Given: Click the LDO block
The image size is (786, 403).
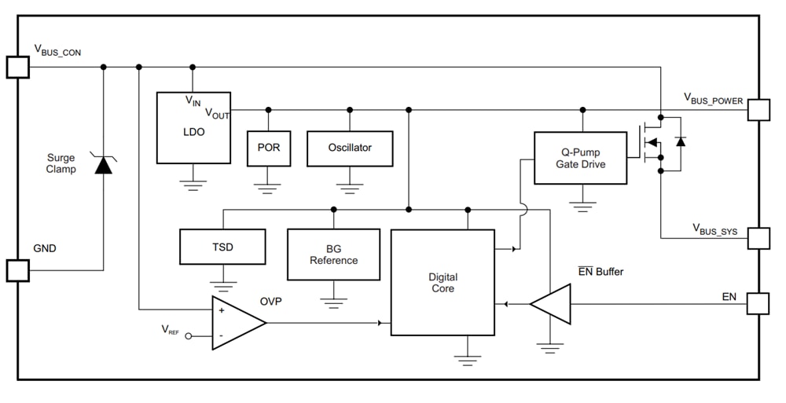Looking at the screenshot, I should (193, 128).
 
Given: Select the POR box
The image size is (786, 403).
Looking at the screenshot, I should (268, 148).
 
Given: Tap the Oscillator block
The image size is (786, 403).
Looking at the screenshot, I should (350, 148).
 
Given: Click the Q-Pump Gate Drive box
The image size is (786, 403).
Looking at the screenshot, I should (580, 158).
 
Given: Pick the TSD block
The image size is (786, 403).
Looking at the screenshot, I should (222, 247).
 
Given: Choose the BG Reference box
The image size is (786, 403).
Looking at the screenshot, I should (333, 255).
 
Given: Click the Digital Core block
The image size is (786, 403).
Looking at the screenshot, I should (443, 283).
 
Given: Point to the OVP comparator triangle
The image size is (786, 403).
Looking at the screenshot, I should (237, 323).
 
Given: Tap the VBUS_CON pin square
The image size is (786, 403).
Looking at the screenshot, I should (17, 67).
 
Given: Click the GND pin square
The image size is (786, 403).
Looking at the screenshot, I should (17, 270).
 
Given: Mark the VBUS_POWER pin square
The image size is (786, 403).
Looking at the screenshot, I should (758, 110).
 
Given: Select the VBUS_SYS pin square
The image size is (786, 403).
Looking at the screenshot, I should (758, 239).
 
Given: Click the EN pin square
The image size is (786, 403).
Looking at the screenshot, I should (758, 303).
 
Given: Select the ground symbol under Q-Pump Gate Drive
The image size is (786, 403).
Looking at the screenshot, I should (582, 206).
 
